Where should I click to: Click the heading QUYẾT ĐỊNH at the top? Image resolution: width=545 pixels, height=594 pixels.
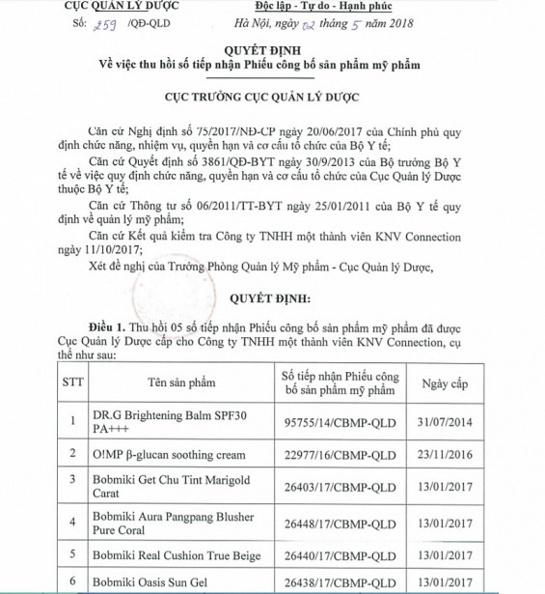pyautogui.click(x=272, y=54)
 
